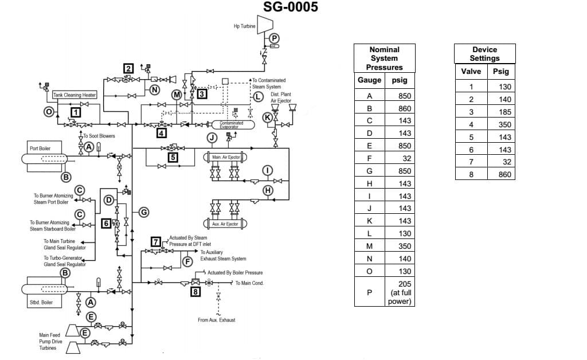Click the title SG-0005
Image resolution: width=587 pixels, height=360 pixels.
(x=290, y=7)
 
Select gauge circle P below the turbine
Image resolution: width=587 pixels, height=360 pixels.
(x=274, y=38)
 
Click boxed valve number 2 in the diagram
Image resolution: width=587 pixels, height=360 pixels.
(x=129, y=69)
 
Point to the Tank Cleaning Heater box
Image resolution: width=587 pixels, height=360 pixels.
(x=75, y=95)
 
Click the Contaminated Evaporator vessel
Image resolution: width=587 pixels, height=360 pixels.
(x=232, y=124)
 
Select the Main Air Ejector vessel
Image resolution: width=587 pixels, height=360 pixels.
(x=225, y=157)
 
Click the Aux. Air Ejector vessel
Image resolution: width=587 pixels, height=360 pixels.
(x=225, y=224)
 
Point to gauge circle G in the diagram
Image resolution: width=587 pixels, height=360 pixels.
(x=144, y=212)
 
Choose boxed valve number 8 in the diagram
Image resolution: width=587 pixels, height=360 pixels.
(x=196, y=292)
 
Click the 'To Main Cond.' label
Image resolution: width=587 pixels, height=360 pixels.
(x=249, y=283)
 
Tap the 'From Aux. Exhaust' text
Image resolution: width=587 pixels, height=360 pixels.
(x=216, y=320)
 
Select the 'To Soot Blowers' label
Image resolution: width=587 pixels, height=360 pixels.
(x=99, y=136)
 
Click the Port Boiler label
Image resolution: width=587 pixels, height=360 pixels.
(x=40, y=148)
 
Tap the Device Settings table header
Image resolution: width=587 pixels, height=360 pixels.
(x=484, y=54)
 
